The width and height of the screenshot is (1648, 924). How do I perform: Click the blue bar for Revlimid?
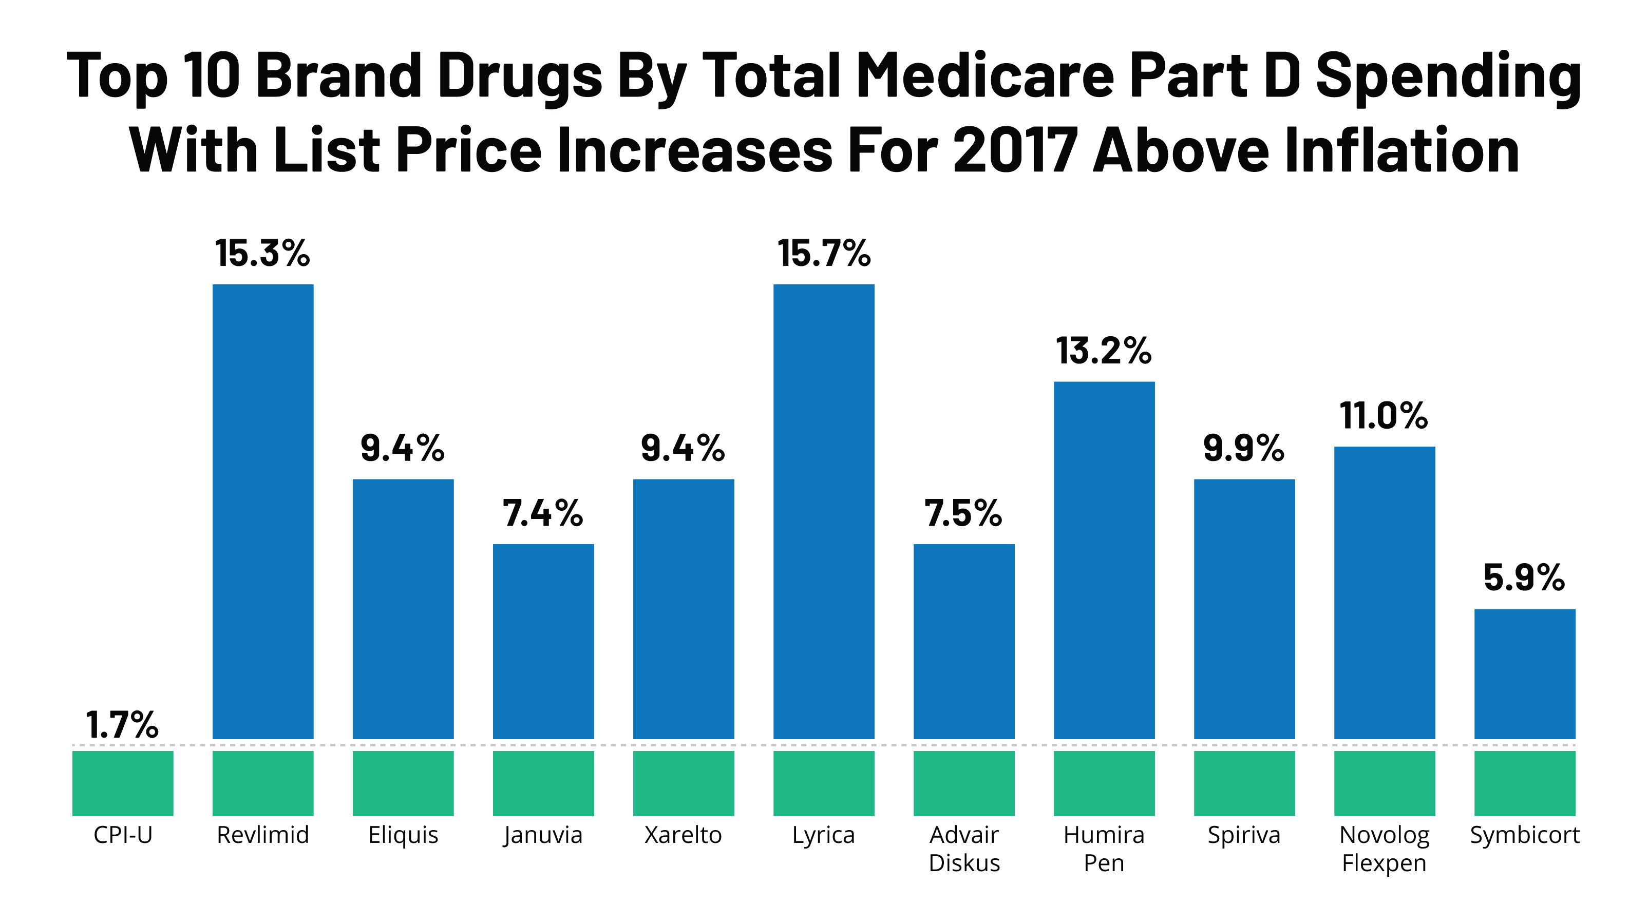(x=263, y=512)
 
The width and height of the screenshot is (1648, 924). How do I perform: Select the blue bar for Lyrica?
(x=823, y=512)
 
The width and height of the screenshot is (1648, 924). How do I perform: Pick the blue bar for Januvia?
(x=543, y=641)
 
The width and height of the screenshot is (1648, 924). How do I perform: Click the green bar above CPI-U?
(x=123, y=783)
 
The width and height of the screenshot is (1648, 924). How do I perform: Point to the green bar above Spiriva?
(x=1244, y=783)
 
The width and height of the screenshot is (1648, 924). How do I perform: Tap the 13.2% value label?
(x=1104, y=351)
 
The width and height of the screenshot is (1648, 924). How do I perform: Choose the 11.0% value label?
(x=1384, y=416)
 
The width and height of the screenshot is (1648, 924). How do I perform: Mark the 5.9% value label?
(x=1524, y=578)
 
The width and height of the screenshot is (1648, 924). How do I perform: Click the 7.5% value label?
(x=963, y=513)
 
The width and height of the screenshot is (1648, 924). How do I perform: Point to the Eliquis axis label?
(x=403, y=835)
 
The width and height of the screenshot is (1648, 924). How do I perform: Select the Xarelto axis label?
(x=683, y=835)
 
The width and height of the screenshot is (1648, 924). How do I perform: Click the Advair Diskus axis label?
(x=964, y=849)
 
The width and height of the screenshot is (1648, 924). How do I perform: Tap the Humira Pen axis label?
(x=1104, y=849)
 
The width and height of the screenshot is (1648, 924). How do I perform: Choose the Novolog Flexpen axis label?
(x=1385, y=849)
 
